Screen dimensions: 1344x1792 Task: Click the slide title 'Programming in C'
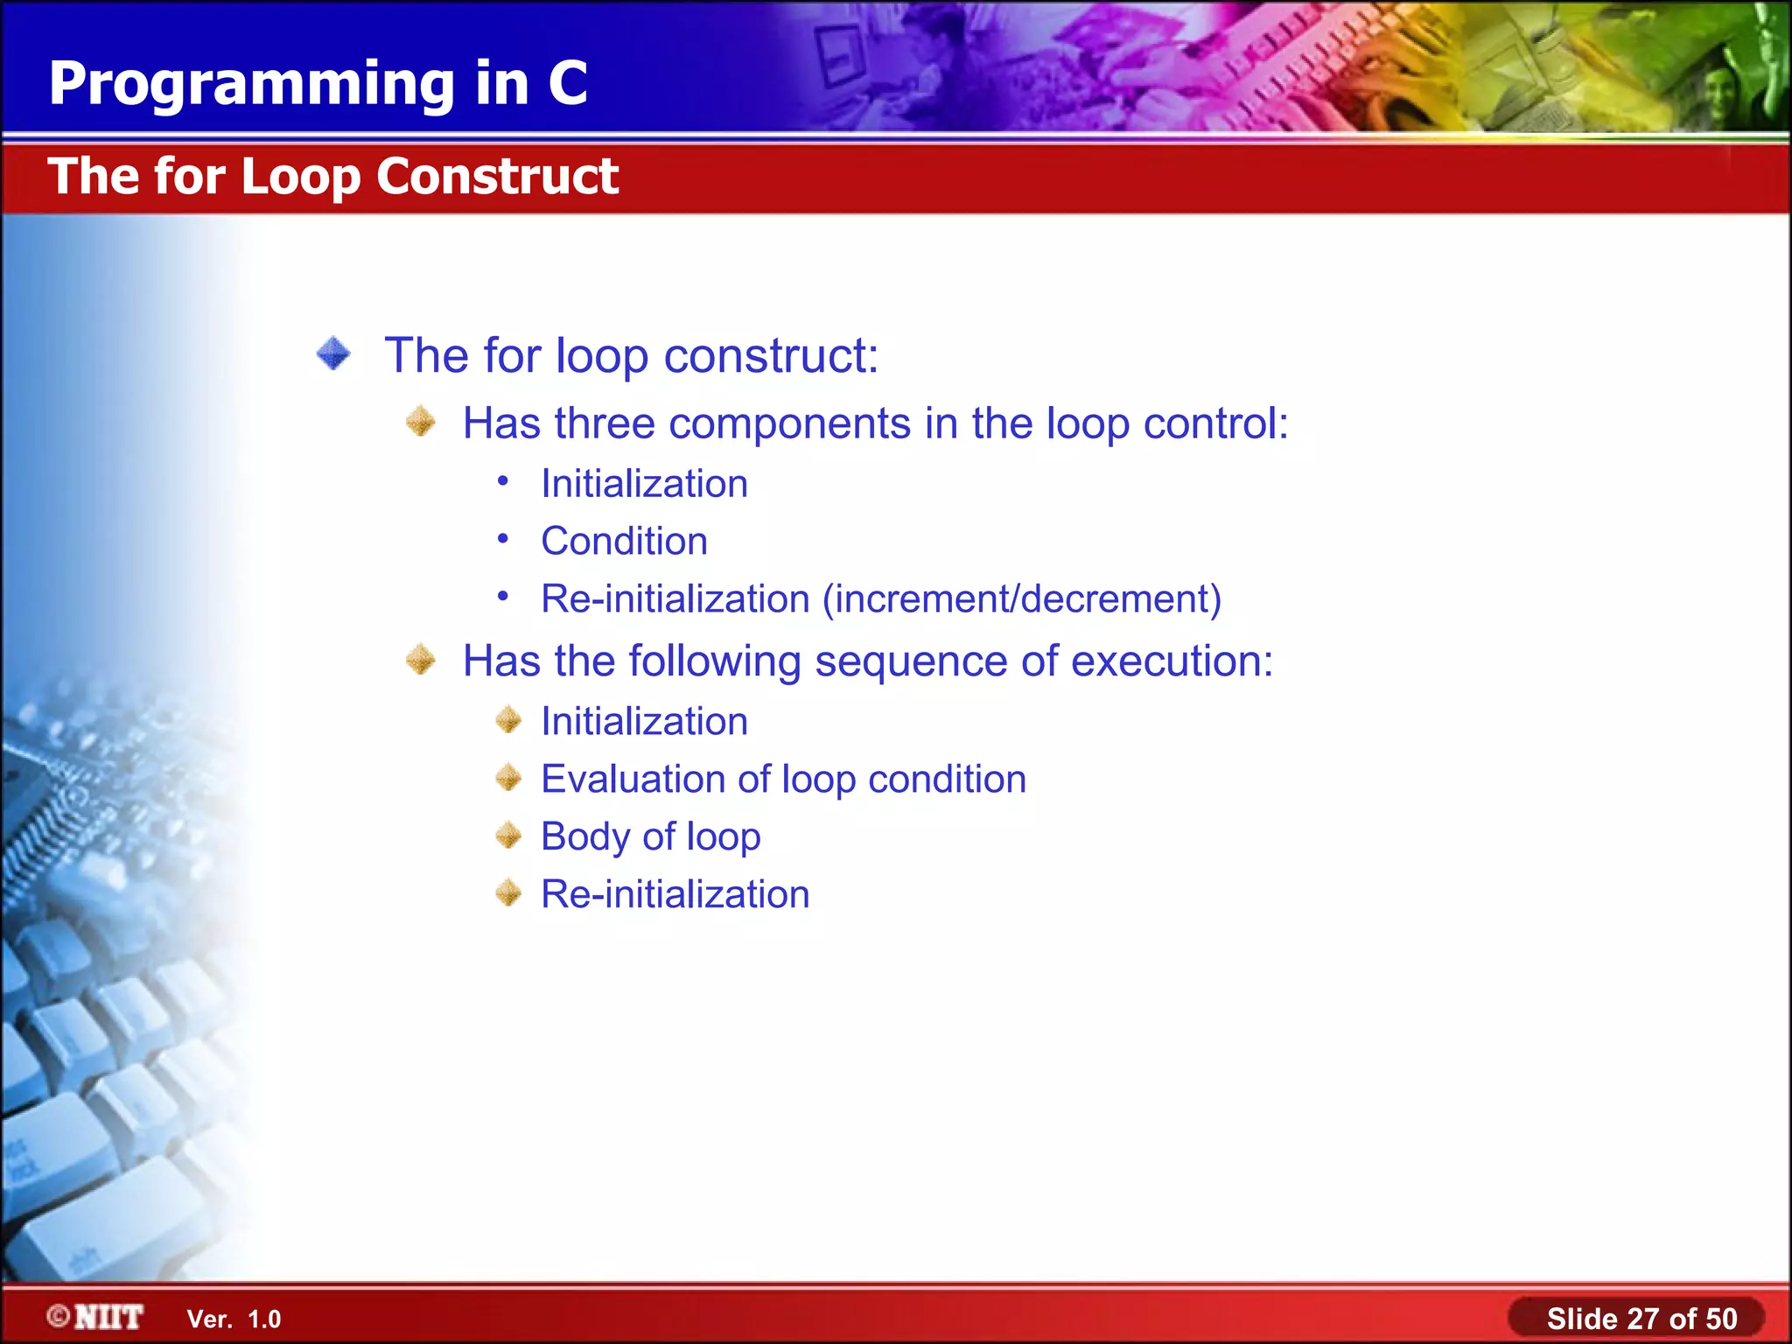tap(318, 84)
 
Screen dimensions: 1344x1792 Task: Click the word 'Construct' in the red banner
tap(498, 177)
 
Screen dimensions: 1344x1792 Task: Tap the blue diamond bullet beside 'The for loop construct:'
tap(333, 354)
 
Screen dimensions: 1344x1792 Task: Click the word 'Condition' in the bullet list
tap(624, 542)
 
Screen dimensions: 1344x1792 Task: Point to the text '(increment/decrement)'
tap(1021, 599)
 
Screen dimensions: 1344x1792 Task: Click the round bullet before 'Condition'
tap(503, 539)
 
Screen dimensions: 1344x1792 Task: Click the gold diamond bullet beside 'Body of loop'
tap(508, 836)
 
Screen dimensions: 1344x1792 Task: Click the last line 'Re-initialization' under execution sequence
tap(675, 894)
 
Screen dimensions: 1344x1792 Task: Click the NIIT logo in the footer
tap(96, 1317)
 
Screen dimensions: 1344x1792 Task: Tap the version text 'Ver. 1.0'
tap(234, 1319)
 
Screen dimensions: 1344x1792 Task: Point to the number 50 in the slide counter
tap(1721, 1319)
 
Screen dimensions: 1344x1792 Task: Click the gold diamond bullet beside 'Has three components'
tap(421, 423)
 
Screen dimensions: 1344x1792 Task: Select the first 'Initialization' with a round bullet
tap(644, 484)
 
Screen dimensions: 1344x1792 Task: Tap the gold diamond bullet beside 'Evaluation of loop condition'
tap(508, 778)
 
